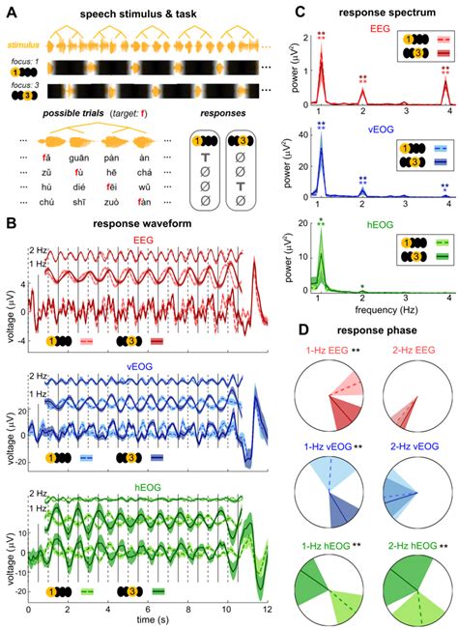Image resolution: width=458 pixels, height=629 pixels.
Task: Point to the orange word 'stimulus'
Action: pyautogui.click(x=22, y=44)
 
